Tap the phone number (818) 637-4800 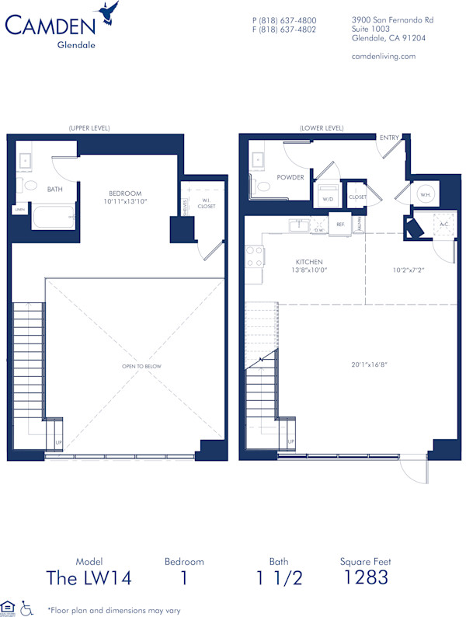(x=284, y=20)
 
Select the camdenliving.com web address (x=384, y=56)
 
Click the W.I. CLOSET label (x=207, y=204)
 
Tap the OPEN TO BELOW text (x=141, y=366)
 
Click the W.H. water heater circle (x=425, y=194)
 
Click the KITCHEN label (x=309, y=262)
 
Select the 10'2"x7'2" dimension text (x=407, y=270)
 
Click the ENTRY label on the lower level (x=389, y=138)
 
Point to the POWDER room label (x=291, y=176)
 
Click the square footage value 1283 (x=365, y=577)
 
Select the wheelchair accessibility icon (x=26, y=607)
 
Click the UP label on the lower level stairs (x=291, y=442)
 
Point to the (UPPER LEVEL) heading (x=89, y=127)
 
